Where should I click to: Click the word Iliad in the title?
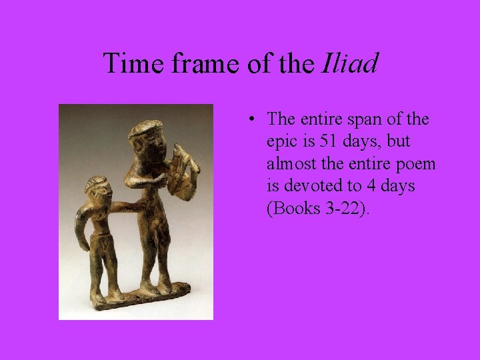point(350,64)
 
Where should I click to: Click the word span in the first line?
point(367,119)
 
